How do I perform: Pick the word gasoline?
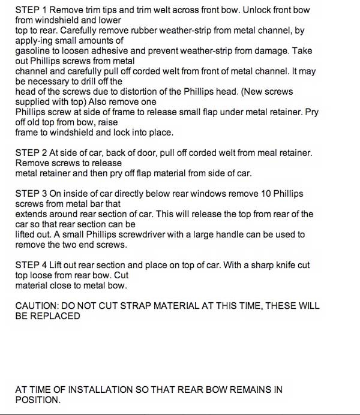[34, 52]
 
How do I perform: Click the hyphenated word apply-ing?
[35, 41]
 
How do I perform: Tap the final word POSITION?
[38, 400]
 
